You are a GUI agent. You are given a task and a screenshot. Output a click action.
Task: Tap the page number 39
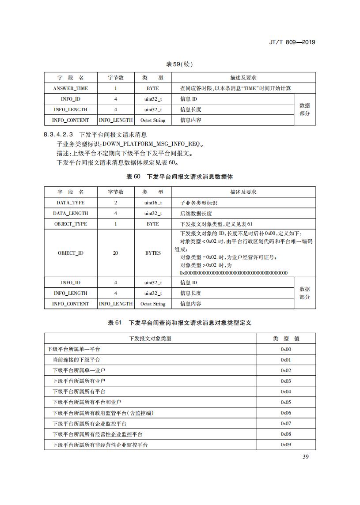(x=306, y=456)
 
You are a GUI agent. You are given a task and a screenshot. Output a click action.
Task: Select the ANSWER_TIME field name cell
(x=70, y=88)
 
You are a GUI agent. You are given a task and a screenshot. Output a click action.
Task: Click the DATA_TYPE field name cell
(x=70, y=203)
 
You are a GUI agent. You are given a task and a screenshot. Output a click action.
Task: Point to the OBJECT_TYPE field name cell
(x=70, y=224)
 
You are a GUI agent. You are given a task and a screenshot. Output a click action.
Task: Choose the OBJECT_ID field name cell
(x=70, y=253)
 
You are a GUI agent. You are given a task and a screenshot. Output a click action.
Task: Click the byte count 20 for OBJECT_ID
(x=116, y=253)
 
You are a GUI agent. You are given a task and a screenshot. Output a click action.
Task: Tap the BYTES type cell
(x=153, y=253)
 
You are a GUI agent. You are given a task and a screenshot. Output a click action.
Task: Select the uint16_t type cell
(x=153, y=203)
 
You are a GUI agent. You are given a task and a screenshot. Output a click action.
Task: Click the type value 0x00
(x=286, y=349)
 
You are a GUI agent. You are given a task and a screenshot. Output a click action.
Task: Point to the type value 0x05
(x=286, y=402)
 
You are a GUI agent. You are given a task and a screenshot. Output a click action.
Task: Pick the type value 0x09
(x=286, y=445)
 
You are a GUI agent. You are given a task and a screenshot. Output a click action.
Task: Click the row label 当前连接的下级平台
(x=76, y=360)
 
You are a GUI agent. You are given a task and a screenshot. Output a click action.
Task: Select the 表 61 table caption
(x=179, y=323)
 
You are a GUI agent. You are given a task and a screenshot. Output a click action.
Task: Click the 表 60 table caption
(x=179, y=176)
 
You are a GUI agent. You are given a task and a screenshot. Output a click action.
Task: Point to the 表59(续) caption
(x=179, y=64)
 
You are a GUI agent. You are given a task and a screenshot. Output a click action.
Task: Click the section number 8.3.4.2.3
(x=58, y=135)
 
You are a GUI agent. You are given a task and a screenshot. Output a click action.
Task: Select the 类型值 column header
(x=286, y=339)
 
